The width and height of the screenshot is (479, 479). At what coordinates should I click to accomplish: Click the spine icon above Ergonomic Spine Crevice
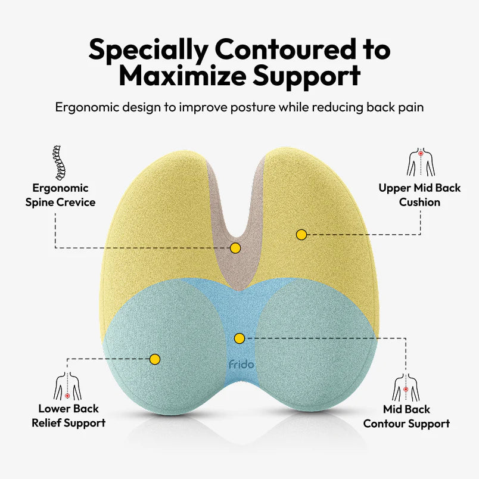[x=58, y=161]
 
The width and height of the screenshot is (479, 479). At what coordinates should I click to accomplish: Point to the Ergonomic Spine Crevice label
[x=60, y=195]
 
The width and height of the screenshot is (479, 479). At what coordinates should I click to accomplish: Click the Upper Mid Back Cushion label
[x=419, y=195]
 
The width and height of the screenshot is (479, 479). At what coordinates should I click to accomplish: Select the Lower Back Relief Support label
[x=69, y=416]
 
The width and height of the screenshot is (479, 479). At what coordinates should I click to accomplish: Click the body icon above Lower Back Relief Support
[x=67, y=387]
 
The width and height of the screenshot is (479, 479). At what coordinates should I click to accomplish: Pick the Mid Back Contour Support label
[x=406, y=416]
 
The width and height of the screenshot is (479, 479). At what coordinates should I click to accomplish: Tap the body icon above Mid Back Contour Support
[x=406, y=387]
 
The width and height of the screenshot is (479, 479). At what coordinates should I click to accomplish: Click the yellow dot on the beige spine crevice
[x=235, y=247]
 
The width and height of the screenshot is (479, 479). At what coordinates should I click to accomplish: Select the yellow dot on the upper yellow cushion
[x=301, y=235]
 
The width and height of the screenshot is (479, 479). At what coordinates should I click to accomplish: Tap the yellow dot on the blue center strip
[x=240, y=338]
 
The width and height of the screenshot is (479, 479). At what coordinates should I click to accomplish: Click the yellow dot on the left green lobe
[x=155, y=359]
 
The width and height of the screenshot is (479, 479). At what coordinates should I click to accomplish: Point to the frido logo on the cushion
[x=240, y=363]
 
